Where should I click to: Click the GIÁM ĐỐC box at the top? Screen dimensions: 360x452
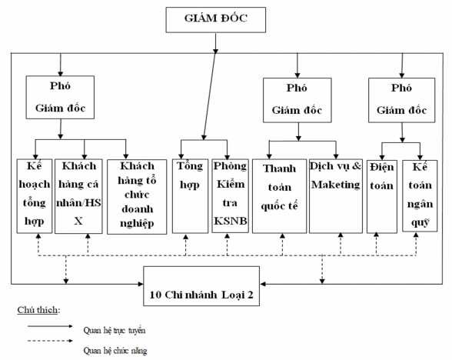point(220,19)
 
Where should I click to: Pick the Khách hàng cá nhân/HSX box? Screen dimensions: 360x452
point(80,195)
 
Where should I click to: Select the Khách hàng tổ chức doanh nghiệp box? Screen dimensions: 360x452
point(137,195)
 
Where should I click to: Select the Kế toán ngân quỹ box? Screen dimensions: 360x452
point(420,195)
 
